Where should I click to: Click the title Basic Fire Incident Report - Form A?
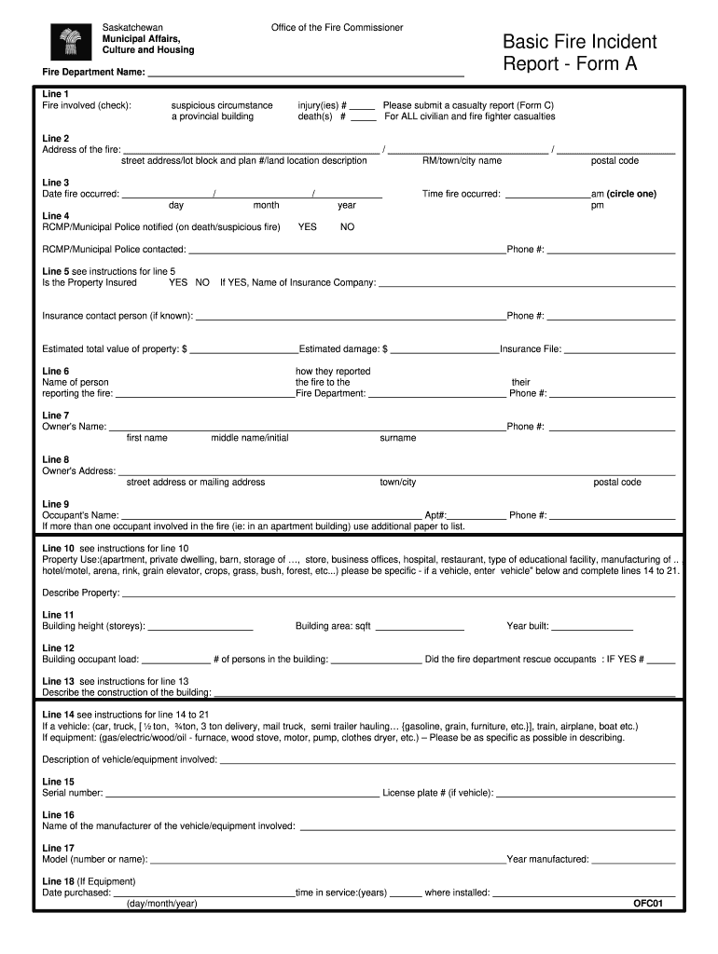point(579,53)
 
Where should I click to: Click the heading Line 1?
point(56,94)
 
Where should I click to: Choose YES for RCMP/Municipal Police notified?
point(307,226)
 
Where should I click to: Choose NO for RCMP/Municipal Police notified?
point(347,226)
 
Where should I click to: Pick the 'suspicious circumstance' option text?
point(222,105)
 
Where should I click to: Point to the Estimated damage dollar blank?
point(444,350)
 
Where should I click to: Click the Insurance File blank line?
point(619,350)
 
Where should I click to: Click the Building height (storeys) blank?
point(200,627)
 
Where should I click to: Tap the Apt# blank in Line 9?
point(477,515)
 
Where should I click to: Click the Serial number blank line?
point(242,794)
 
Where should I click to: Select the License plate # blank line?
point(585,794)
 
